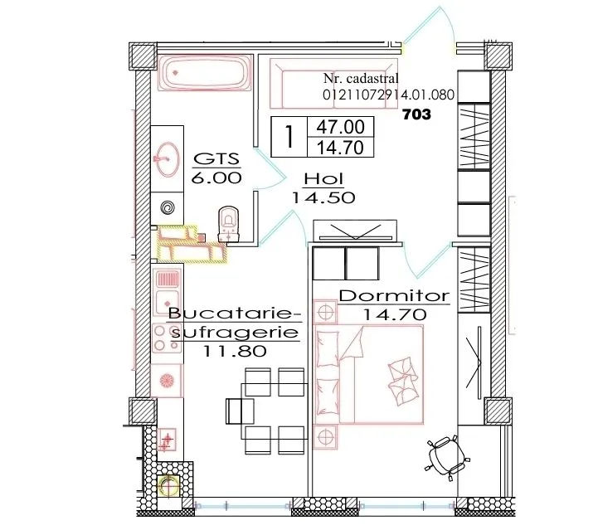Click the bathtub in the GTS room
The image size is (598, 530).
tap(205, 73)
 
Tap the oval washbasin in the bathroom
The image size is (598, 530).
tap(167, 159)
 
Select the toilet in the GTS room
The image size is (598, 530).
tap(228, 224)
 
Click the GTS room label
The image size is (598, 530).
tap(216, 158)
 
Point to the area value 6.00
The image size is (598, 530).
tap(216, 177)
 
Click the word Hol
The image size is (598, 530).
tap(323, 179)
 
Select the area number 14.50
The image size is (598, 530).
tap(323, 197)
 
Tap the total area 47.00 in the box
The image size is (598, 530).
tap(340, 127)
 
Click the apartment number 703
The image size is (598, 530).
tap(417, 114)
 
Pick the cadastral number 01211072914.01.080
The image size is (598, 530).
tap(389, 95)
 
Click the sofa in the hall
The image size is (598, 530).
tap(333, 84)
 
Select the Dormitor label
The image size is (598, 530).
tap(394, 296)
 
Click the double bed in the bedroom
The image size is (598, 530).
tap(368, 374)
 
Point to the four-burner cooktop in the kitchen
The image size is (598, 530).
tap(167, 338)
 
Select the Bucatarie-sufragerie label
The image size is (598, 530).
tap(235, 323)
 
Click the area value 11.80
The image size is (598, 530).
tap(235, 351)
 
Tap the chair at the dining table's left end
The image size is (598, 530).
tap(240, 411)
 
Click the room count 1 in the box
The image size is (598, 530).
tap(289, 137)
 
